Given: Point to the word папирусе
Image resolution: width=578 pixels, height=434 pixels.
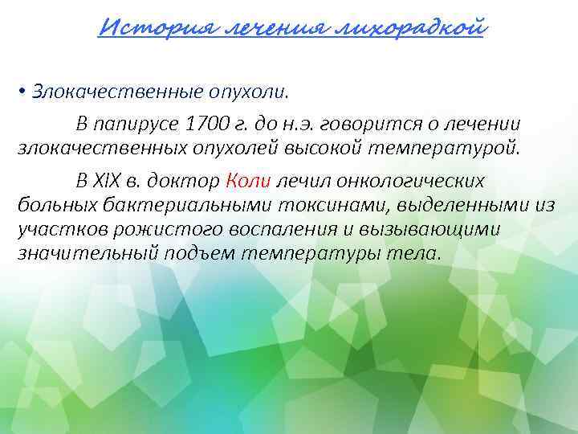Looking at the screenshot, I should [x=136, y=125].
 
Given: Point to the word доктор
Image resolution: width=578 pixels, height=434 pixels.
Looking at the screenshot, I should [x=189, y=182].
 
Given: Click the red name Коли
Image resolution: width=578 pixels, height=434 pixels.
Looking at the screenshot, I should [x=244, y=182].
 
